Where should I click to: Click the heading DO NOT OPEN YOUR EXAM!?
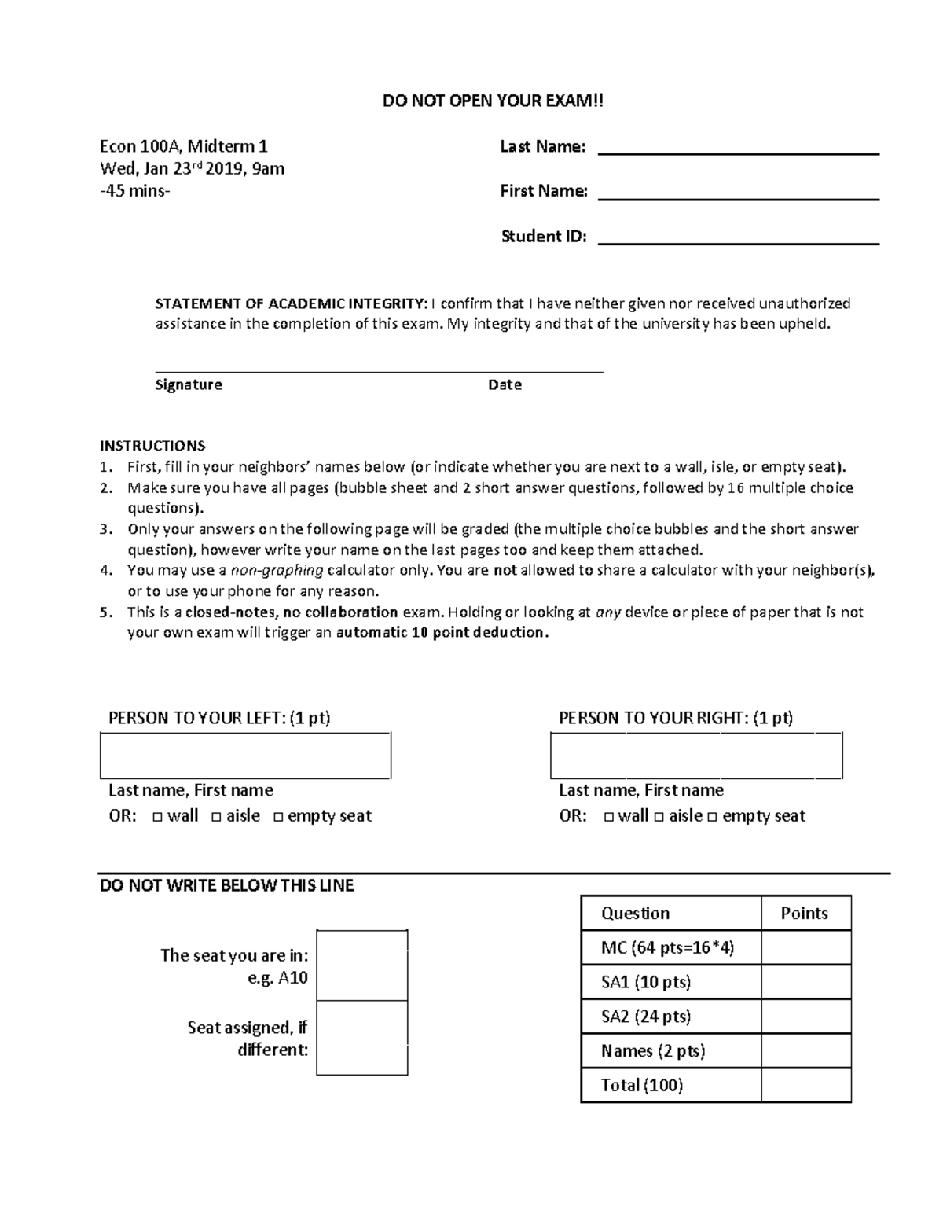[x=494, y=101]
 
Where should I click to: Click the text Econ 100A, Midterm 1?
[x=183, y=146]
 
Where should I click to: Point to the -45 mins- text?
[x=134, y=191]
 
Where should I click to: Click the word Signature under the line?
[x=189, y=384]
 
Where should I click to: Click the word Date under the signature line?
[x=505, y=384]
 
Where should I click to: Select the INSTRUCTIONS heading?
[x=152, y=446]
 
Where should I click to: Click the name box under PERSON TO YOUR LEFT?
[x=245, y=756]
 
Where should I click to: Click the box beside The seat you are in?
[x=361, y=965]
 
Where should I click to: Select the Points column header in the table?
[x=805, y=914]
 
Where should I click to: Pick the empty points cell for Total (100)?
[x=805, y=1086]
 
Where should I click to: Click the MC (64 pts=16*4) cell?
[x=668, y=948]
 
